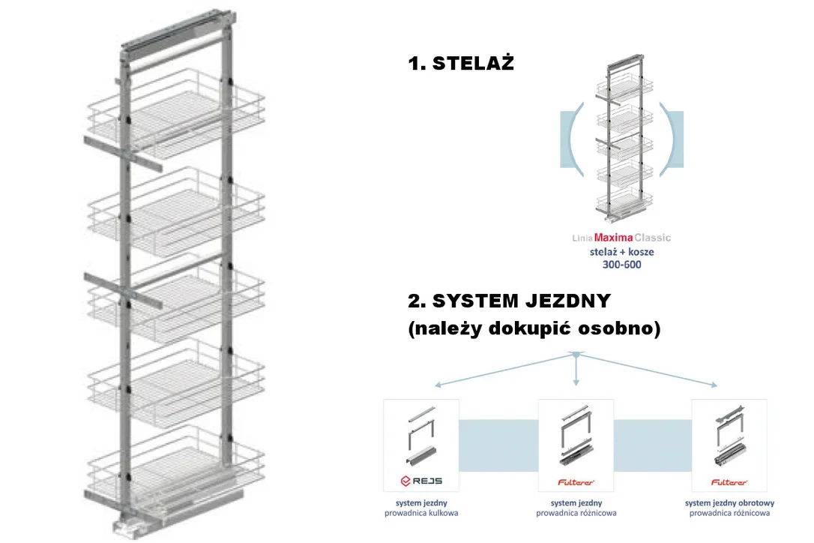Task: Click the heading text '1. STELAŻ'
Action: click(461, 63)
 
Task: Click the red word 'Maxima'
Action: click(614, 238)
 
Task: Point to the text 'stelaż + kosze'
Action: click(622, 252)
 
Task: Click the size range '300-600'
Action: click(622, 265)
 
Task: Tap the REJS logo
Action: click(421, 481)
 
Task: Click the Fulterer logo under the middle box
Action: click(576, 482)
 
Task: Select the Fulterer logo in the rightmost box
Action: click(729, 482)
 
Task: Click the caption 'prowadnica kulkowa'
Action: click(421, 514)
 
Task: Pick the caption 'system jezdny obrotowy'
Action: click(729, 503)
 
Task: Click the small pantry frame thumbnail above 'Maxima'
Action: click(622, 138)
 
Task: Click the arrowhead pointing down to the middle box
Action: click(576, 382)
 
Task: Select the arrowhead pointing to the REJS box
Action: click(438, 385)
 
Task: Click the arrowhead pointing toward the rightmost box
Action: click(714, 385)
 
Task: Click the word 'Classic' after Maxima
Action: click(653, 238)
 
